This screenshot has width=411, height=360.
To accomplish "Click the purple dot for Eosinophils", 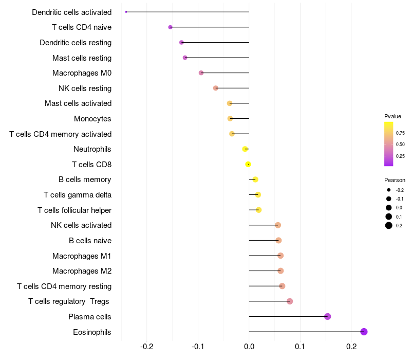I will click(x=364, y=332).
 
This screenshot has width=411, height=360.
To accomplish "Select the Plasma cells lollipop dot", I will click(x=327, y=316).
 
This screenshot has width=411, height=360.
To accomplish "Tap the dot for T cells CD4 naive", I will click(x=171, y=27).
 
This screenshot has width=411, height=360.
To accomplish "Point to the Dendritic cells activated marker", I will click(x=126, y=12).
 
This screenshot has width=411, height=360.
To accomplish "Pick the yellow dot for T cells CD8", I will click(x=248, y=164).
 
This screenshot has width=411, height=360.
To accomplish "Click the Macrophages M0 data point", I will click(x=201, y=73).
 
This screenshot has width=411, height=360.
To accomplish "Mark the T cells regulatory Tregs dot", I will click(x=290, y=301).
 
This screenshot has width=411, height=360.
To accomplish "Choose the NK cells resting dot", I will click(x=216, y=88).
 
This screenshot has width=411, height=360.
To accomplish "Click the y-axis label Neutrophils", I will click(x=92, y=149).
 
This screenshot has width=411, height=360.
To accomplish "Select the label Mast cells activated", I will click(x=78, y=103).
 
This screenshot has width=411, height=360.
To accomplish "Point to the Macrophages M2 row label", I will click(x=82, y=271).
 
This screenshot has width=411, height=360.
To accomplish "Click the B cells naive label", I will click(x=90, y=241).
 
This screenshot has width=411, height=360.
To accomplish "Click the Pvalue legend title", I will click(x=393, y=116).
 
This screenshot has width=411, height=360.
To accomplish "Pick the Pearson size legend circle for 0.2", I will click(x=389, y=225).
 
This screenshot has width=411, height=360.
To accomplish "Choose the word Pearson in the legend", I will click(x=395, y=180).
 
